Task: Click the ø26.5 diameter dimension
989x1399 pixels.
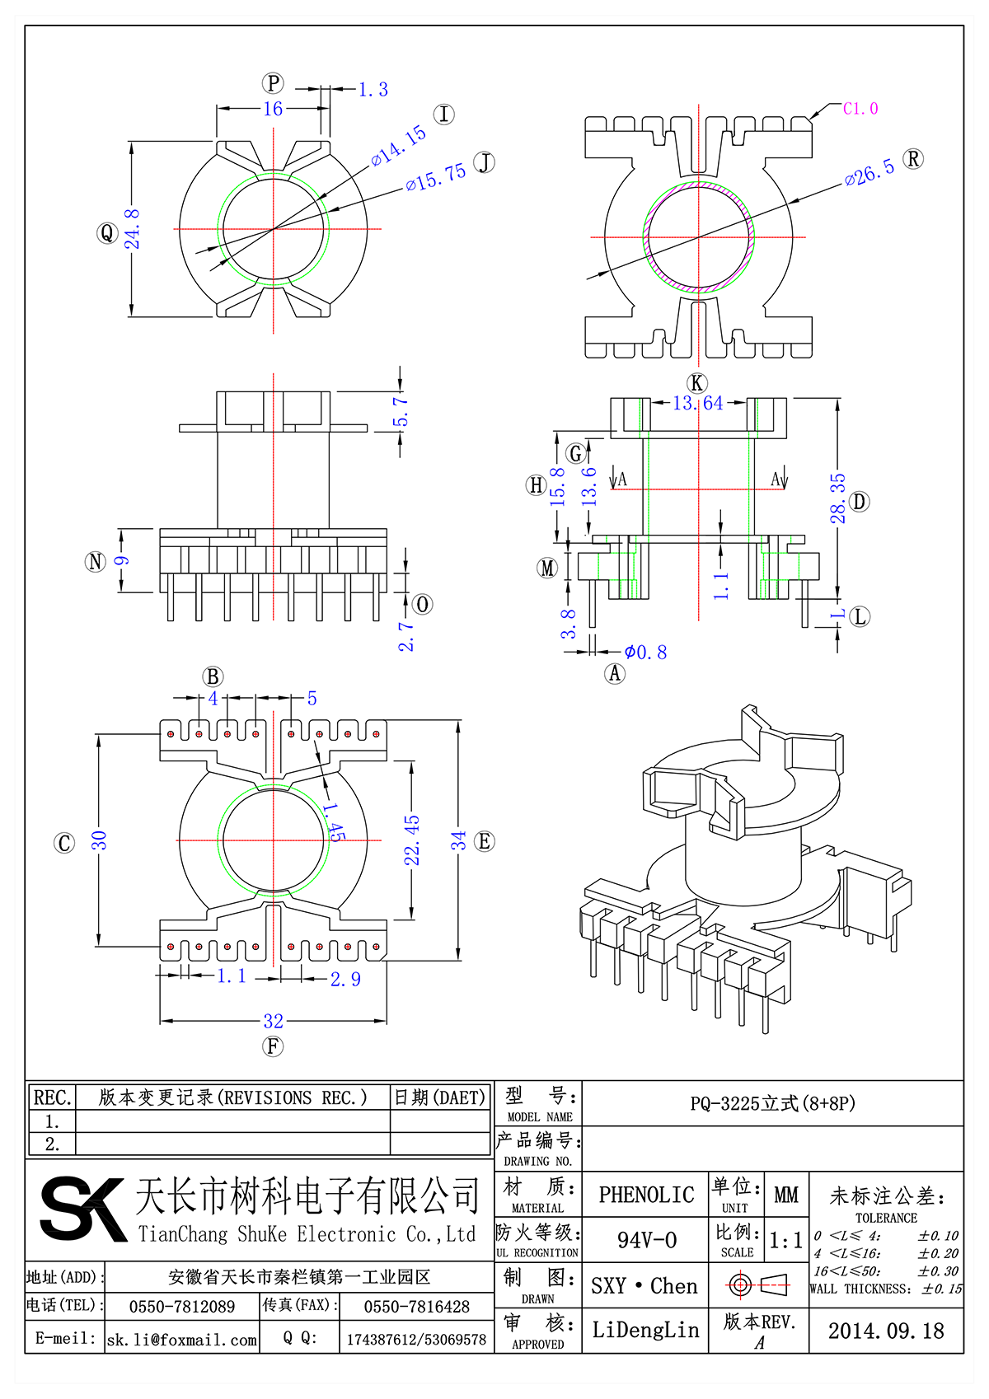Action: [869, 172]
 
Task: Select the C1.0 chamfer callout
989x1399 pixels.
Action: [860, 109]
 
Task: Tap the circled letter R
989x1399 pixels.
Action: [913, 159]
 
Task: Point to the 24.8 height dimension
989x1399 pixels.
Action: [133, 229]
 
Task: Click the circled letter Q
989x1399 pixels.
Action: [107, 233]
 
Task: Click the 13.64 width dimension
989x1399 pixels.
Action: [697, 403]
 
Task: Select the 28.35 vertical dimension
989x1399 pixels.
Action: [837, 498]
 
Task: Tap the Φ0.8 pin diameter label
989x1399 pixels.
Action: [645, 653]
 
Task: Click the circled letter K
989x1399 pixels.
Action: [697, 383]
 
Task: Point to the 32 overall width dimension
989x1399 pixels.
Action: [274, 1021]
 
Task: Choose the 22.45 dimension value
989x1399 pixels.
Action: [412, 840]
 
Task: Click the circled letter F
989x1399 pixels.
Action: [273, 1046]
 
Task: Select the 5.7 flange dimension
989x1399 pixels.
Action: [401, 412]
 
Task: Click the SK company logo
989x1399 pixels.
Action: [82, 1209]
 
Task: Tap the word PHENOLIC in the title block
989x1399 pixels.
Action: [646, 1195]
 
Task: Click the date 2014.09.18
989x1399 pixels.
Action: [886, 1331]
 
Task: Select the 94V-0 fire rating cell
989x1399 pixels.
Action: [646, 1240]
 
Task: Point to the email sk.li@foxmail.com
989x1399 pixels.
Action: [182, 1340]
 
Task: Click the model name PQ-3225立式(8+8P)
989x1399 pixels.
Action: [772, 1103]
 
